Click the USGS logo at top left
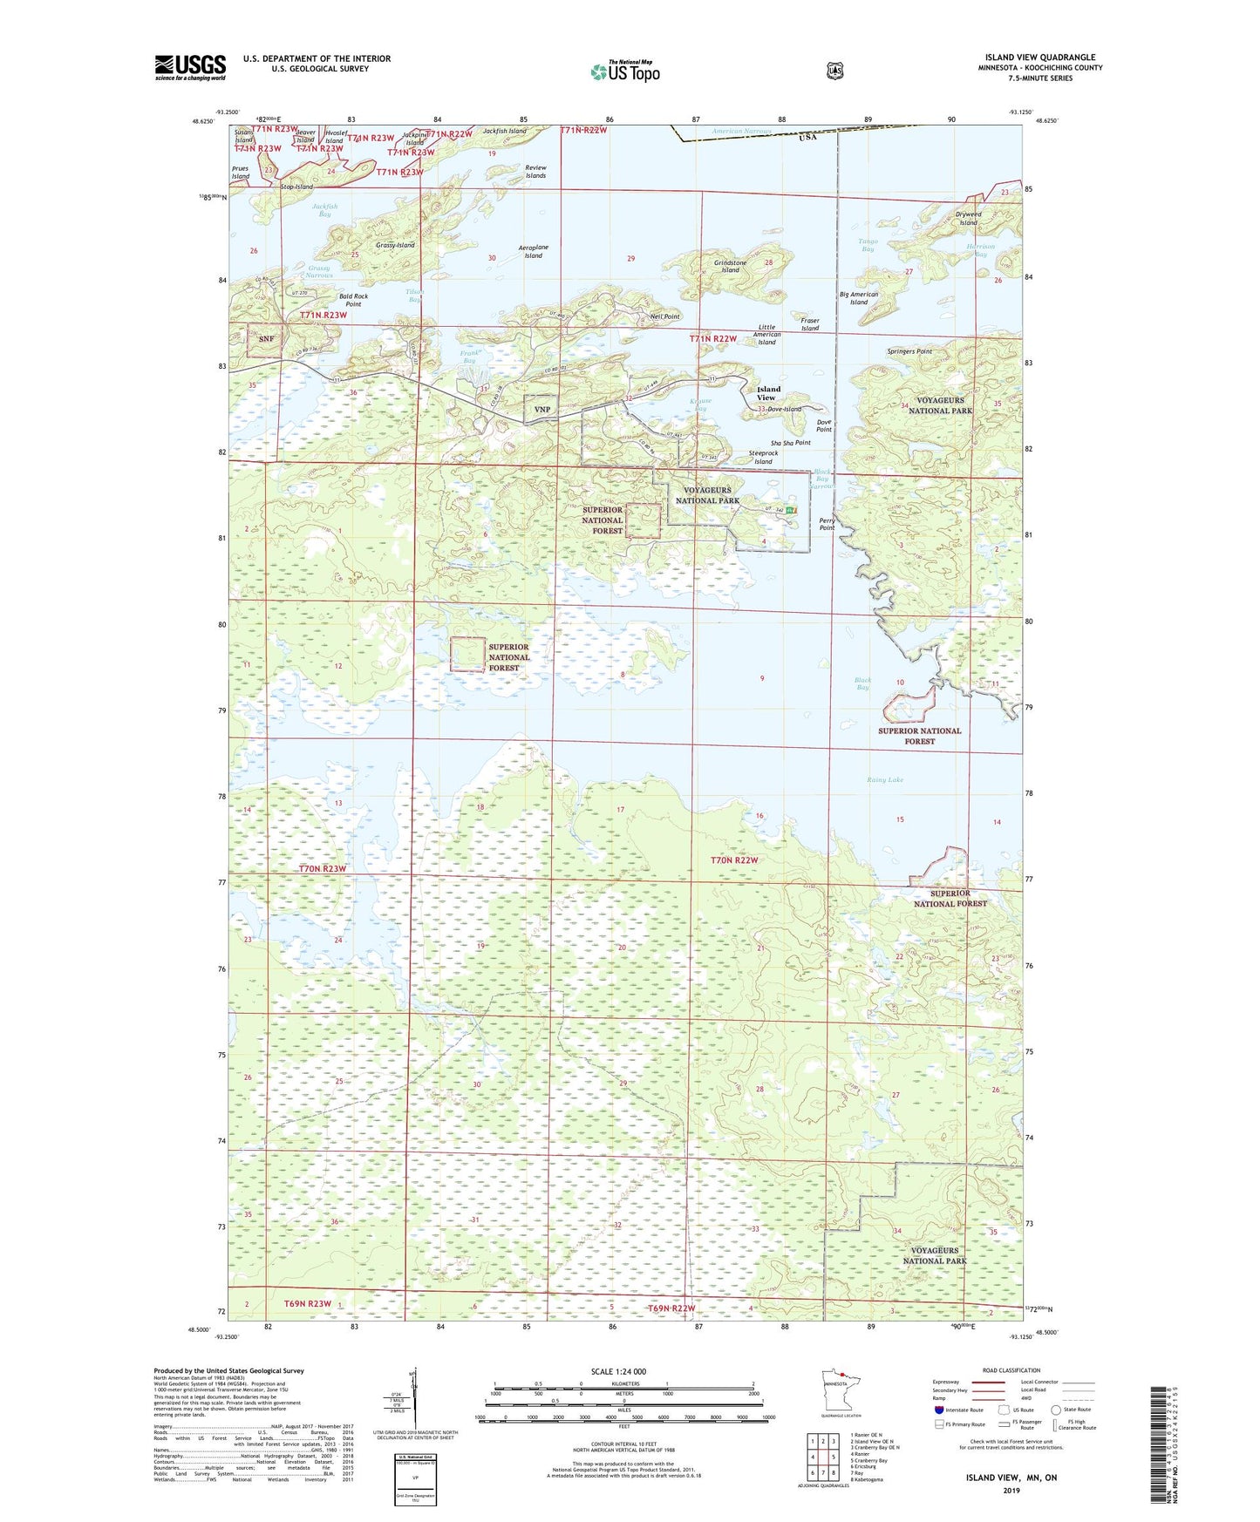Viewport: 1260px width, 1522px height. click(190, 67)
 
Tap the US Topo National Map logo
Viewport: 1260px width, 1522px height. click(623, 71)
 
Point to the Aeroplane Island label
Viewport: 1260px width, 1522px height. click(533, 252)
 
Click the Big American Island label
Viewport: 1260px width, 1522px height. click(859, 298)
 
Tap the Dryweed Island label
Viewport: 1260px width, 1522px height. click(968, 218)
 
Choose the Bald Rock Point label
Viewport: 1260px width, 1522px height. click(353, 300)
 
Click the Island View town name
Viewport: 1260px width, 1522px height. click(768, 393)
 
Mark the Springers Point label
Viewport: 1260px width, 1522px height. click(909, 351)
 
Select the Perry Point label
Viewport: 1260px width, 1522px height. click(827, 524)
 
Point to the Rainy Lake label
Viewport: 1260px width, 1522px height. click(884, 780)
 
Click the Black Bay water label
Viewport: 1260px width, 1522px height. click(862, 683)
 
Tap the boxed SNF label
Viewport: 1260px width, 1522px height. click(266, 339)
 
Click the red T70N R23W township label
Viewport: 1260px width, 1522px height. click(323, 869)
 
